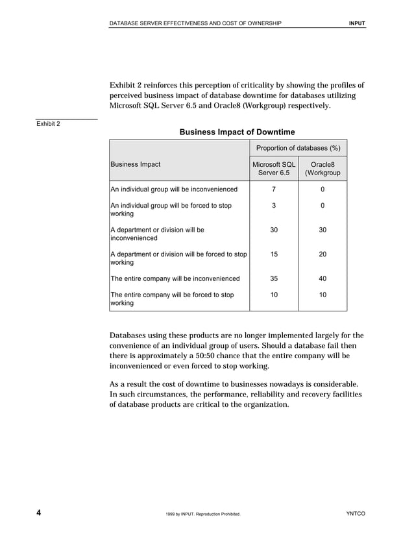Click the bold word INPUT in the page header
click(x=357, y=24)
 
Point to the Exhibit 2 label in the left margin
click(x=48, y=124)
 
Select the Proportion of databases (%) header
click(x=298, y=148)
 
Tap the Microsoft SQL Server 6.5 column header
click(x=274, y=169)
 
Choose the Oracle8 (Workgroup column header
click(x=323, y=169)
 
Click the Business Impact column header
click(x=136, y=165)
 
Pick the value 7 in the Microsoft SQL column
click(x=274, y=189)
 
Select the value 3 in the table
click(x=274, y=206)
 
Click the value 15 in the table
click(x=274, y=255)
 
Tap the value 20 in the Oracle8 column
click(x=323, y=255)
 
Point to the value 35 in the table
click(x=274, y=279)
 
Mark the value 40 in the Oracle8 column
click(x=323, y=279)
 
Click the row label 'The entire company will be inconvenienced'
click(x=175, y=279)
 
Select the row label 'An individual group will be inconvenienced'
click(x=175, y=189)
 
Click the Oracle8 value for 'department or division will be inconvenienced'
click(x=323, y=230)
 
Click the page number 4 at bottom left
click(x=39, y=513)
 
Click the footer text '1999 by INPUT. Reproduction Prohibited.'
click(x=203, y=515)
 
